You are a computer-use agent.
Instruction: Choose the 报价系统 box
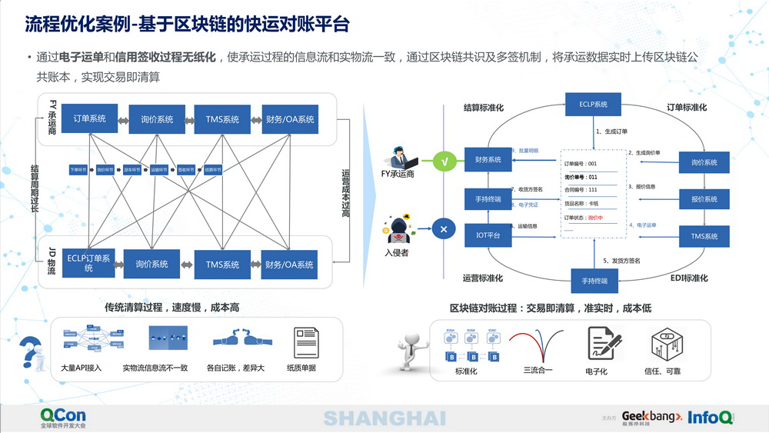coord(699,199)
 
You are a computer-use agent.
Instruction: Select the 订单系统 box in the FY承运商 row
coord(90,119)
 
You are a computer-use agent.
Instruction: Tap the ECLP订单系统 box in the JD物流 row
coord(88,263)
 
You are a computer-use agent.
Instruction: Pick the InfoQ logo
coord(710,417)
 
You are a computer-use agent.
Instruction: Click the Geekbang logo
coord(651,416)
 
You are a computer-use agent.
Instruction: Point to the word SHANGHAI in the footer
coord(384,418)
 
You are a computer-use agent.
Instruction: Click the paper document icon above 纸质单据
coord(305,342)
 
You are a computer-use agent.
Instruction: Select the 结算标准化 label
coord(484,108)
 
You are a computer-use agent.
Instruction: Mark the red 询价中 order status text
coord(595,218)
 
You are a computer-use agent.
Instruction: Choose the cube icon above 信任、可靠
coord(663,344)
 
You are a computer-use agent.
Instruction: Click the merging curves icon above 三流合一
coord(538,344)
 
